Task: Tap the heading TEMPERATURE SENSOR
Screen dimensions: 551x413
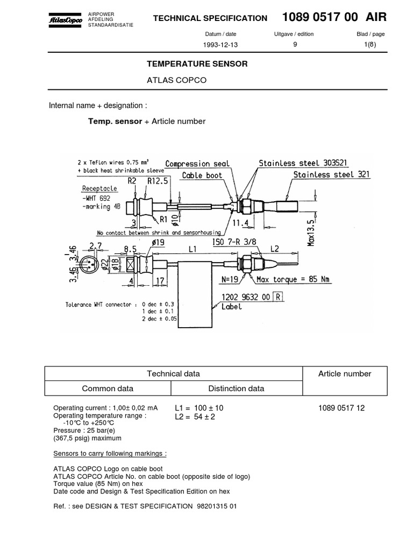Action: (197, 64)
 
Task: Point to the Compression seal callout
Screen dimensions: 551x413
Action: (197, 164)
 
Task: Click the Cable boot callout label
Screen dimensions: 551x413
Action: (202, 175)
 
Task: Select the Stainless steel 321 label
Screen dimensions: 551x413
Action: (332, 174)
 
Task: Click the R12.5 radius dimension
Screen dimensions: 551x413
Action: (158, 182)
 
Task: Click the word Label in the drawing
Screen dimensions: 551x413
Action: (232, 307)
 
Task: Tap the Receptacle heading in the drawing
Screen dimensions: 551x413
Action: (99, 188)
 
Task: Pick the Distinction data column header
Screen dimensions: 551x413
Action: (236, 388)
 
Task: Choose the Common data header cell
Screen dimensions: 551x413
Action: (108, 388)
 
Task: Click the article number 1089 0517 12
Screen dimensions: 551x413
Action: (341, 408)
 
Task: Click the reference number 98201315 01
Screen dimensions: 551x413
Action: (215, 506)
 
